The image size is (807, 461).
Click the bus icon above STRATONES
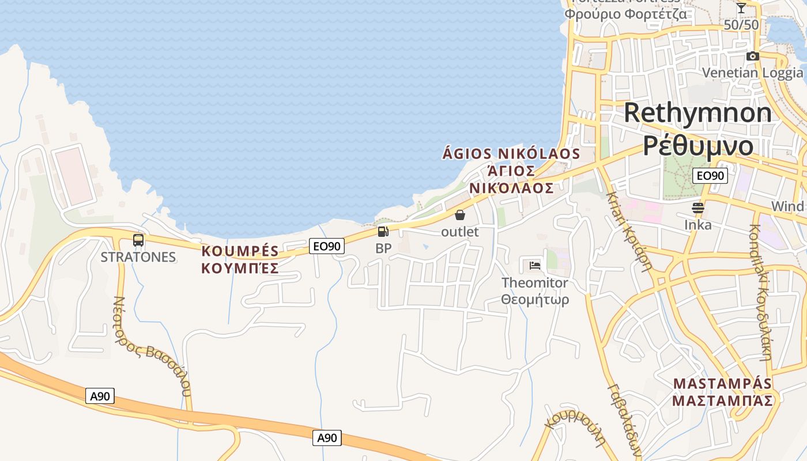pyautogui.click(x=138, y=240)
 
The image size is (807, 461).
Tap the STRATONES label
pyautogui.click(x=138, y=257)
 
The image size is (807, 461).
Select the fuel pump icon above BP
pyautogui.click(x=383, y=232)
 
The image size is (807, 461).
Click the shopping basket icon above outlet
pyautogui.click(x=460, y=216)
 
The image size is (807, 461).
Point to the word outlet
pyautogui.click(x=460, y=232)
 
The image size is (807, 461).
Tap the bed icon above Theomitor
pyautogui.click(x=535, y=266)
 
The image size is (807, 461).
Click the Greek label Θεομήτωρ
pyautogui.click(x=535, y=300)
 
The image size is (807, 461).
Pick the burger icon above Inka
pyautogui.click(x=698, y=208)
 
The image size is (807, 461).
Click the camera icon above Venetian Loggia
pyautogui.click(x=752, y=56)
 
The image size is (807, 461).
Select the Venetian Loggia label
pyautogui.click(x=752, y=73)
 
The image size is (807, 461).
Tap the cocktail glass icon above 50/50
pyautogui.click(x=741, y=8)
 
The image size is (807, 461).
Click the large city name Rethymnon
pyautogui.click(x=697, y=112)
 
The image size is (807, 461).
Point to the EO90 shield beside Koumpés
pyautogui.click(x=327, y=246)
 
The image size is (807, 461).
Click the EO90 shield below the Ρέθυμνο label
pyautogui.click(x=709, y=176)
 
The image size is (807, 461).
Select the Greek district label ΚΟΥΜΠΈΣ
pyautogui.click(x=240, y=268)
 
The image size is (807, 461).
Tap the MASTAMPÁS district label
pyautogui.click(x=722, y=383)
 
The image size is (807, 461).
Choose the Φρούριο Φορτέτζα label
pyautogui.click(x=625, y=14)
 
